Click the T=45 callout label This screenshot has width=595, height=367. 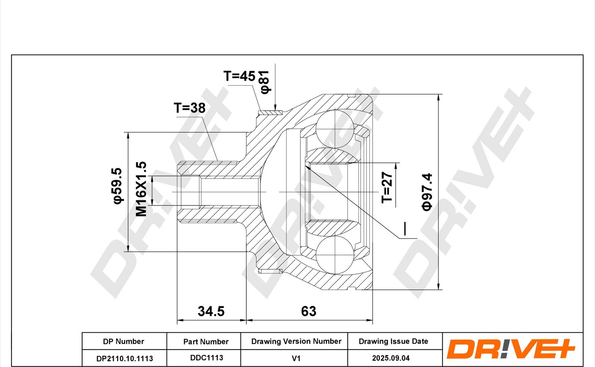pyautogui.click(x=239, y=76)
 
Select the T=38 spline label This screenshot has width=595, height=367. pyautogui.click(x=190, y=108)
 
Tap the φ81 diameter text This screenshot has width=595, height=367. pyautogui.click(x=264, y=82)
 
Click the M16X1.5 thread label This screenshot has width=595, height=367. pyautogui.click(x=141, y=189)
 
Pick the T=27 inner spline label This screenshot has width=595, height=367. pyautogui.click(x=387, y=187)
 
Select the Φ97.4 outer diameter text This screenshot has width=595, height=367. pyautogui.click(x=427, y=192)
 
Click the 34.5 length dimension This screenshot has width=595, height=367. pyautogui.click(x=211, y=311)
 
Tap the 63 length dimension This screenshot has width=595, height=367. pyautogui.click(x=309, y=311)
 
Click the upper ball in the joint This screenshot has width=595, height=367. pyautogui.click(x=335, y=128)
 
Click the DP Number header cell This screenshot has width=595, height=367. pyautogui.click(x=123, y=341)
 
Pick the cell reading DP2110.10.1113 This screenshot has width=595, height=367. pyautogui.click(x=125, y=358)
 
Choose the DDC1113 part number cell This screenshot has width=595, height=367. pyautogui.click(x=206, y=358)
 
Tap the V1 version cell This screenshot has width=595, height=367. pyautogui.click(x=296, y=358)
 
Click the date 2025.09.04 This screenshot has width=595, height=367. pyautogui.click(x=391, y=358)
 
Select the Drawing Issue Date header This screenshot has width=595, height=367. pyautogui.click(x=393, y=341)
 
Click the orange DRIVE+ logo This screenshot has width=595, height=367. pyautogui.click(x=510, y=350)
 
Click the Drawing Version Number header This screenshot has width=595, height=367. pyautogui.click(x=296, y=341)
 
